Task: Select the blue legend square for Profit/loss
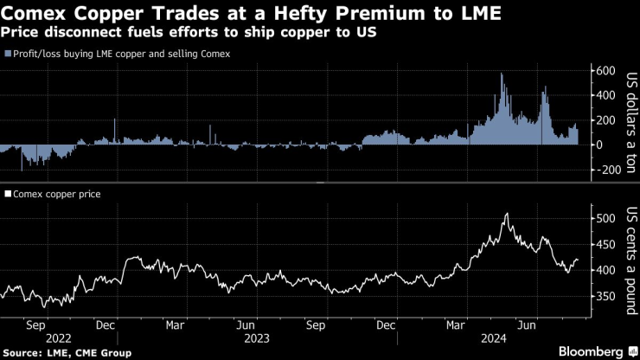click(x=8, y=54)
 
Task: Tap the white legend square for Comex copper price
click(x=8, y=195)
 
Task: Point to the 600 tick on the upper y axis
click(x=604, y=71)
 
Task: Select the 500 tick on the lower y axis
click(x=604, y=219)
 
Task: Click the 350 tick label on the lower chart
click(x=604, y=297)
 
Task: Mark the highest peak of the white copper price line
click(x=506, y=214)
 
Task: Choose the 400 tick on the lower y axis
click(x=604, y=271)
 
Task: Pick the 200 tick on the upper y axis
click(x=604, y=120)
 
